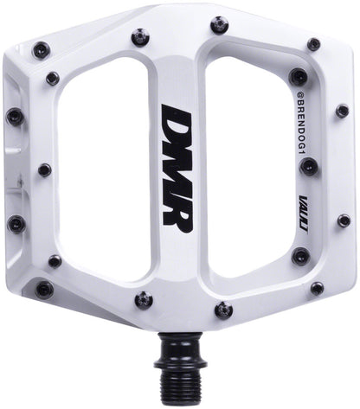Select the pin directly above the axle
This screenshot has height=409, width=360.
(x=223, y=309)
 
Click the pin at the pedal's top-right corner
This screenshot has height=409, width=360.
(x=313, y=42)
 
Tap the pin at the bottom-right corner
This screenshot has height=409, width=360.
(x=317, y=288)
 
